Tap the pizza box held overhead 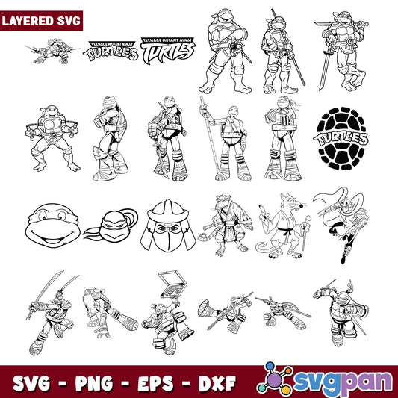[x=173, y=284]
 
